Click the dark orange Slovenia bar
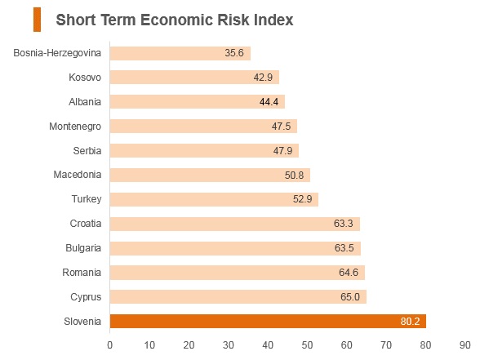click(x=268, y=321)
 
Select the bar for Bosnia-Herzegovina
click(x=180, y=53)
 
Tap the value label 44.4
click(x=269, y=101)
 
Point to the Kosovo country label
click(x=85, y=77)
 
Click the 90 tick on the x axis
click(x=464, y=345)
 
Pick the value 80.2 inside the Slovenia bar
click(x=410, y=321)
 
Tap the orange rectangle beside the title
click(x=37, y=20)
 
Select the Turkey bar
click(x=214, y=199)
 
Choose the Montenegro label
click(x=75, y=126)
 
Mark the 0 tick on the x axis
click(x=110, y=345)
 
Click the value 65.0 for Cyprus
click(x=350, y=296)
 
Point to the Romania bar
click(x=238, y=273)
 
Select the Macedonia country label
click(x=77, y=175)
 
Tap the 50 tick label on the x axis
click(x=307, y=345)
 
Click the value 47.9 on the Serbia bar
click(x=282, y=150)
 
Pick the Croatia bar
click(x=235, y=224)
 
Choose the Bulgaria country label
click(x=83, y=248)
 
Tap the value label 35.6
click(x=234, y=52)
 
